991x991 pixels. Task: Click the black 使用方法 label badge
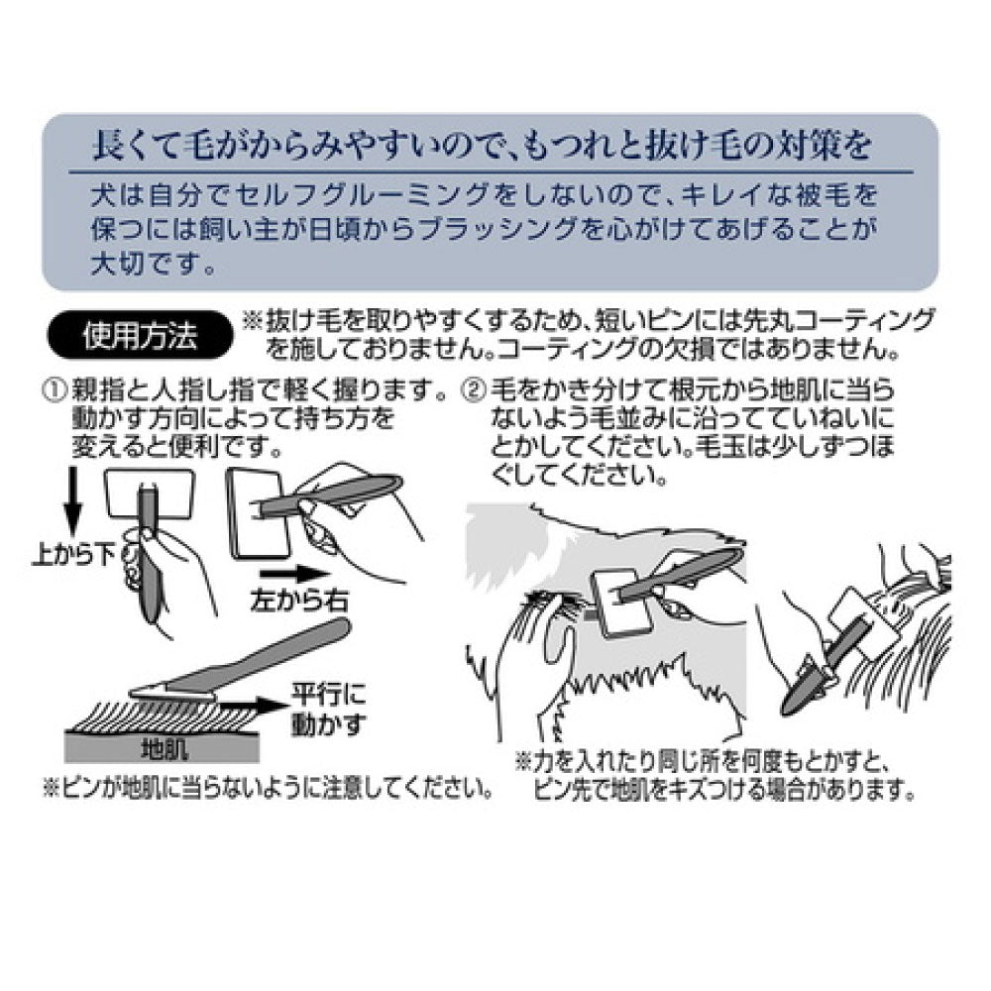141,336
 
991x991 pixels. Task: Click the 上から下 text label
74,556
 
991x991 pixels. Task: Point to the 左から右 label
299,600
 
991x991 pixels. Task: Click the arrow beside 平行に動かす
255,706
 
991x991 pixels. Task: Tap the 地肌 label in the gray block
164,749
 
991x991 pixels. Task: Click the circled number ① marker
54,389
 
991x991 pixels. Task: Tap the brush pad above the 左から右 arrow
258,513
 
